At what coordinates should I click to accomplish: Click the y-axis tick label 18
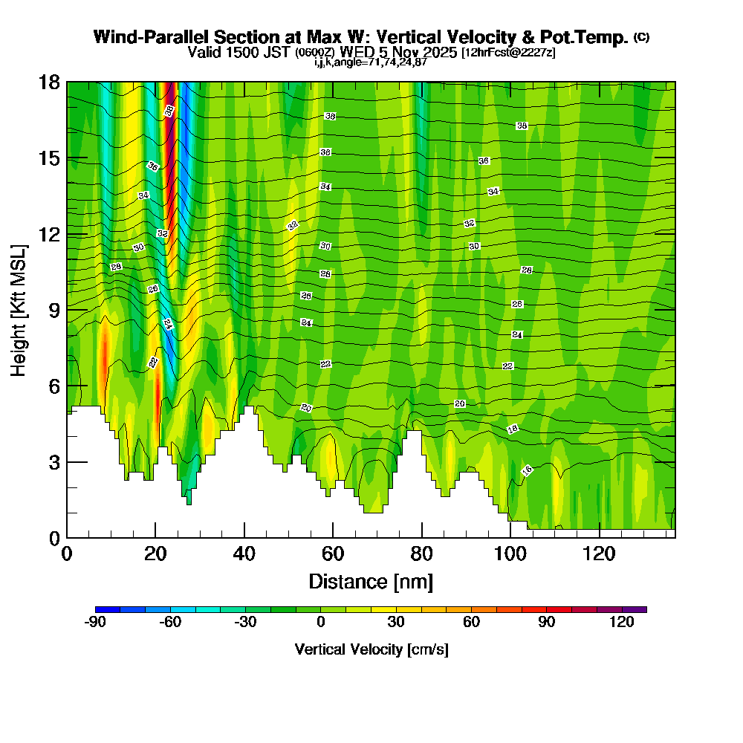click(49, 82)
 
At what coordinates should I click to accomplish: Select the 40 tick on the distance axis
click(244, 554)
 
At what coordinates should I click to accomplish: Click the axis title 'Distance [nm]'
click(371, 581)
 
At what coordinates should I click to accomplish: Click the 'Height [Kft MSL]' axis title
click(19, 310)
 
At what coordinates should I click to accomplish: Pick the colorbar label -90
click(96, 622)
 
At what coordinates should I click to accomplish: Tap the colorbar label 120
click(622, 622)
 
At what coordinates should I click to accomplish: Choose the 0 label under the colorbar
click(321, 622)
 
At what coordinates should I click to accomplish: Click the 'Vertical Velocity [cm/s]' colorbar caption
click(371, 649)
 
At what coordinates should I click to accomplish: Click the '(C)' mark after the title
click(642, 37)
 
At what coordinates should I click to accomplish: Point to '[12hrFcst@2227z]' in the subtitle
click(508, 53)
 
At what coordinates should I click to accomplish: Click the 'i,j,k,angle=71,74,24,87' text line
click(371, 62)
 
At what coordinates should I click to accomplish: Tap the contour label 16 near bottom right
click(527, 470)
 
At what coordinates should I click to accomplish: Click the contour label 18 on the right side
click(512, 429)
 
